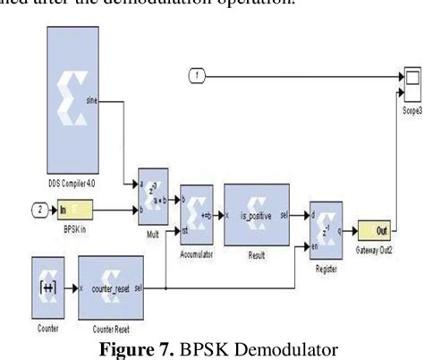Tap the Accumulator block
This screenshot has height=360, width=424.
(196, 212)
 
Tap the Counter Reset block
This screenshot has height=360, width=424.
(110, 287)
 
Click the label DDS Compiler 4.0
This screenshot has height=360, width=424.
(71, 183)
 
